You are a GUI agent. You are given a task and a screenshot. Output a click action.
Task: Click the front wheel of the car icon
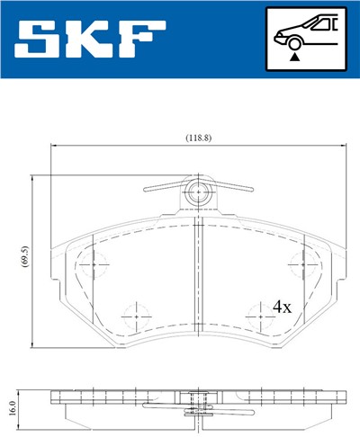(x=292, y=40)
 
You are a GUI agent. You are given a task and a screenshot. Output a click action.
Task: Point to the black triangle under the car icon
(x=292, y=56)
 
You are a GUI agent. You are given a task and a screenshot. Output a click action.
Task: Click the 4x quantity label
(x=282, y=307)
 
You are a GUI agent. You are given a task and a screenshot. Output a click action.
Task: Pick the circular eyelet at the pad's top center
(x=197, y=191)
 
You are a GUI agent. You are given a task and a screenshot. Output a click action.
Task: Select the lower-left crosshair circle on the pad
(x=136, y=314)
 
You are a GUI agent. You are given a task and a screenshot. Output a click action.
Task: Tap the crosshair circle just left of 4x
(x=256, y=314)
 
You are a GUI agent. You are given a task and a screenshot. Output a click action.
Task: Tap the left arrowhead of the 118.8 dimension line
(x=55, y=146)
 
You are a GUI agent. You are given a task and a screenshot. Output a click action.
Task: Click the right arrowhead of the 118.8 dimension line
(x=340, y=146)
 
